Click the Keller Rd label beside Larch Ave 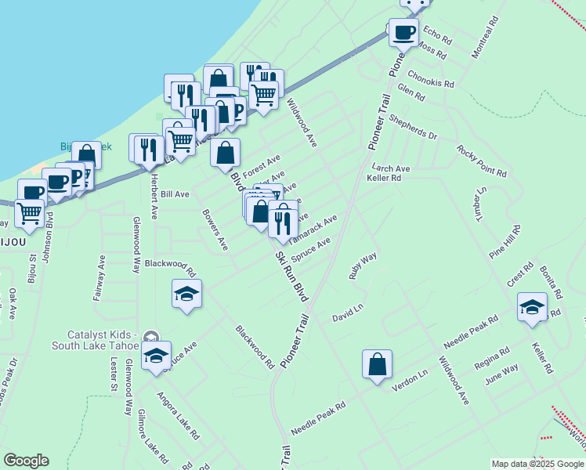click(x=384, y=179)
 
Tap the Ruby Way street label click(x=363, y=265)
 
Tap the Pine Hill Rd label click(x=505, y=241)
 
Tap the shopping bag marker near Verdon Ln click(x=377, y=364)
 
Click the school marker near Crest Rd click(x=532, y=308)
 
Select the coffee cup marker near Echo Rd click(x=403, y=33)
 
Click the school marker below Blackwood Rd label click(x=186, y=295)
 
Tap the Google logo click(x=26, y=461)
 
